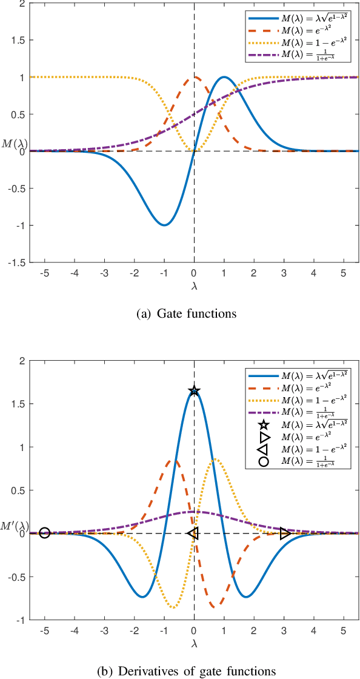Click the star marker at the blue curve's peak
(194, 391)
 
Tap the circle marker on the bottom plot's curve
(44, 533)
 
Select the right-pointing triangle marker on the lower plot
(285, 533)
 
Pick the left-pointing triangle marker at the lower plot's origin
(193, 533)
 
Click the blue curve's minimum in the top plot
(164, 225)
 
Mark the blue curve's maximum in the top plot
(224, 77)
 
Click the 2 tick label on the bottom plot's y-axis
(24, 361)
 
